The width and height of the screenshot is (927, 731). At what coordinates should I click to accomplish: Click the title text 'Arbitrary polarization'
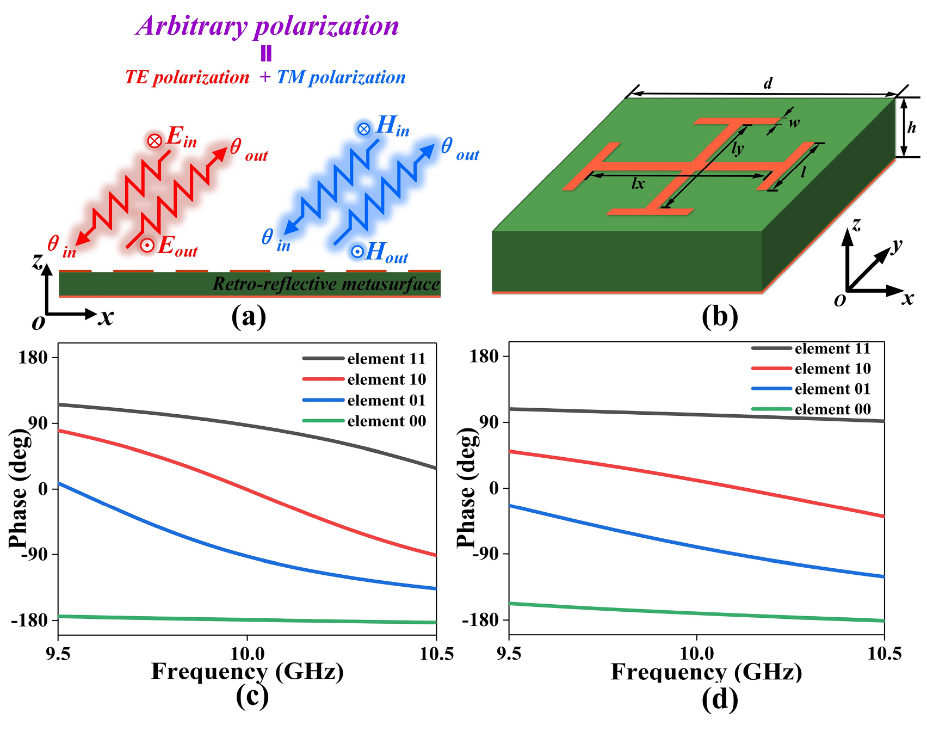pos(268,26)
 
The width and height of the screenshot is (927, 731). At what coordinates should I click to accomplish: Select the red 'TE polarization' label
pos(187,77)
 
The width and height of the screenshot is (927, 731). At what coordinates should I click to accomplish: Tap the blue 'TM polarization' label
pos(341,77)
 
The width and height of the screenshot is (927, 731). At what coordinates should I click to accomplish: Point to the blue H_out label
pos(380,253)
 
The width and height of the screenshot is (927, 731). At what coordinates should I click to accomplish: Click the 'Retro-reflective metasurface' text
pos(326,284)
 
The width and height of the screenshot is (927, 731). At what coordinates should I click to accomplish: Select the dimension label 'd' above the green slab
pos(768,83)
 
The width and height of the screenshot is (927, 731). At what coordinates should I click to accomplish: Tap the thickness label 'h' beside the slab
pos(912,127)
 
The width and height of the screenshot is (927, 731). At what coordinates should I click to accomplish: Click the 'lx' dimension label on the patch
pos(638,184)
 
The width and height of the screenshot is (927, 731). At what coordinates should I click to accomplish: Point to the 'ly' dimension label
pos(737,148)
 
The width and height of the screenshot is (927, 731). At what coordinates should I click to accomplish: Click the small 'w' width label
pos(794,122)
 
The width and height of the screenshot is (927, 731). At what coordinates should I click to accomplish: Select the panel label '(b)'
pos(720,317)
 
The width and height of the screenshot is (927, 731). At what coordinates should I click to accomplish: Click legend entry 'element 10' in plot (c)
pos(386,379)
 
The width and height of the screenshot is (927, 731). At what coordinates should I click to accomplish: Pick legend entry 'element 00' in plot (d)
pos(832,409)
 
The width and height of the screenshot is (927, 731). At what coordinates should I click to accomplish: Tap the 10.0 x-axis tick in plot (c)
pos(247,653)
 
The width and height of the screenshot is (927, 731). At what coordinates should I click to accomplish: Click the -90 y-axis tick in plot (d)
pos(485,554)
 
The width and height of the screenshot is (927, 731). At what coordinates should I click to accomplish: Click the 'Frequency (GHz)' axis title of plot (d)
pos(706,672)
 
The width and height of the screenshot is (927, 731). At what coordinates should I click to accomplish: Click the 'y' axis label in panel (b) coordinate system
pos(897,245)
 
